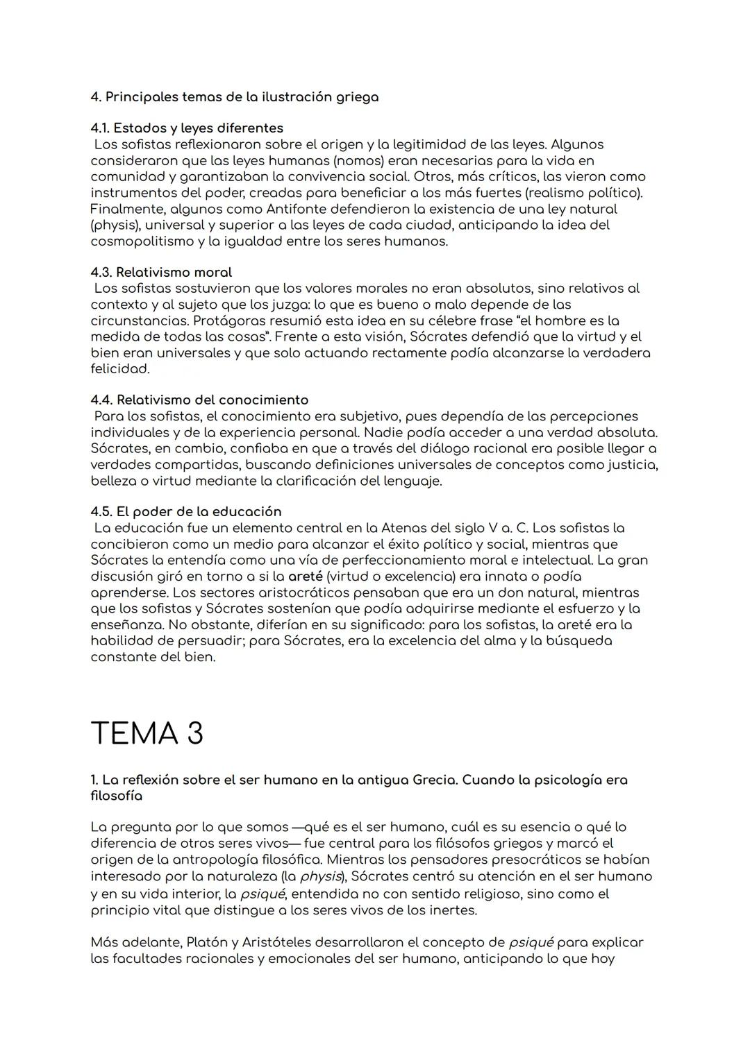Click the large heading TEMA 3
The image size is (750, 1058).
click(147, 733)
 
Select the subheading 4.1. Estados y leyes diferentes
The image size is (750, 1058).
click(187, 128)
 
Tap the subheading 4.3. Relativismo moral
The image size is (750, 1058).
click(161, 272)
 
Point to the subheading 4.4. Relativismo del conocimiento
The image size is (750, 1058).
click(199, 400)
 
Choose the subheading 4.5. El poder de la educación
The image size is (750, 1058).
click(185, 511)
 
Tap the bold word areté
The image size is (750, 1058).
click(305, 576)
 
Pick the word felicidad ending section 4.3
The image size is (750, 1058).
click(119, 368)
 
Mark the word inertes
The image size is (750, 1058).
click(452, 910)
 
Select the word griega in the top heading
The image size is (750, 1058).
click(356, 97)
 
